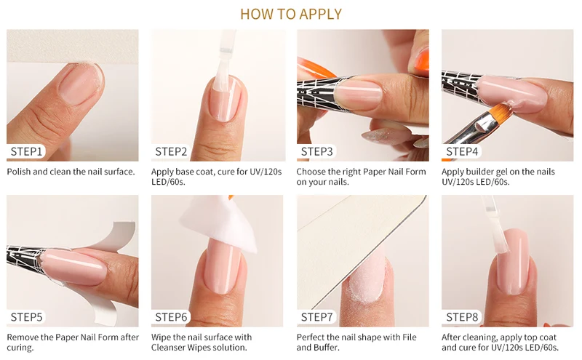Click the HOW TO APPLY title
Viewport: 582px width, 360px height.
pyautogui.click(x=291, y=14)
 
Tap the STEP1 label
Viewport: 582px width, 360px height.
pyautogui.click(x=26, y=151)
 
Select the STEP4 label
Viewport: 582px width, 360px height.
pyautogui.click(x=462, y=151)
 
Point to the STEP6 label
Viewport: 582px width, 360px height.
pyautogui.click(x=171, y=317)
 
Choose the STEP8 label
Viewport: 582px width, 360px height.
pyautogui.click(x=462, y=317)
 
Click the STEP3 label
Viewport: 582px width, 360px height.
pyautogui.click(x=316, y=151)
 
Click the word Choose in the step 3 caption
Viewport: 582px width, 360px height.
pyautogui.click(x=310, y=172)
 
